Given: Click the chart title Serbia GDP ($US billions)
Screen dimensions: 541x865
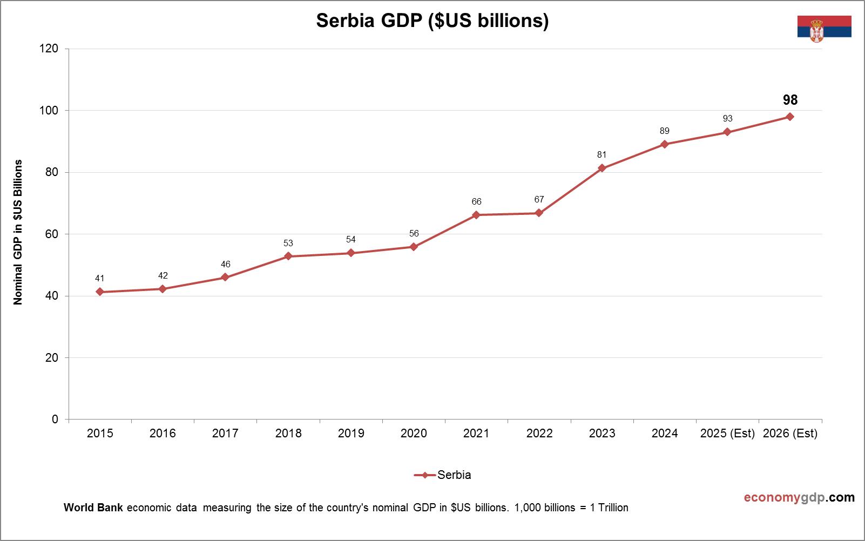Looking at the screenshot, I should [x=432, y=20].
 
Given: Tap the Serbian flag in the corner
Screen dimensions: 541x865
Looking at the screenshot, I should [x=824, y=27].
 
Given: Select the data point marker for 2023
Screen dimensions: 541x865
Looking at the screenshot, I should [x=602, y=168].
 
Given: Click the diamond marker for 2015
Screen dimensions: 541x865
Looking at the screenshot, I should [x=100, y=292].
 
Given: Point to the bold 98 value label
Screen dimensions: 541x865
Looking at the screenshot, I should [x=790, y=100].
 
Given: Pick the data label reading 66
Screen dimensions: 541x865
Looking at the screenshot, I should [x=476, y=201].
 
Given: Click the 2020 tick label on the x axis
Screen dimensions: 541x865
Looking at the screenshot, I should [x=414, y=433].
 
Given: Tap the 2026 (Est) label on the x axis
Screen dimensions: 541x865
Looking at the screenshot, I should [x=790, y=433].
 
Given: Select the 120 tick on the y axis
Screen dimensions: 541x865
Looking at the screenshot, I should [x=49, y=49].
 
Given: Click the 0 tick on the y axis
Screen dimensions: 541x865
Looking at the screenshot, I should [x=55, y=420].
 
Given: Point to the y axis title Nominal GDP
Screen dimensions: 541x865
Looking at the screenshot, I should [x=18, y=232].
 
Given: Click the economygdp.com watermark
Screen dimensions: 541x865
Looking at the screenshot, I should [x=799, y=497].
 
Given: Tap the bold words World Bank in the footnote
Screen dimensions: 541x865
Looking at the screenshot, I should [x=93, y=508].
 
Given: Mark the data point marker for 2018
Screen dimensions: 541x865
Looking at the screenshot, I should [x=288, y=256].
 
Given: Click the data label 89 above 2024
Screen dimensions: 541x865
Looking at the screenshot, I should [x=664, y=131].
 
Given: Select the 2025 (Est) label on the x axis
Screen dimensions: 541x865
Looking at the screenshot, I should [x=727, y=433].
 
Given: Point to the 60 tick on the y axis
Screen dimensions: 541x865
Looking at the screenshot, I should [x=52, y=234].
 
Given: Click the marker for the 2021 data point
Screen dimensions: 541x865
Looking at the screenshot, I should [x=476, y=215].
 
